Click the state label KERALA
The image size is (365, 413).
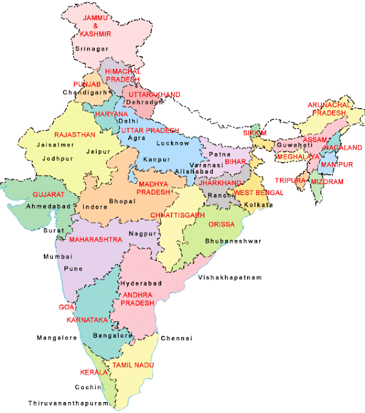[x=93, y=372]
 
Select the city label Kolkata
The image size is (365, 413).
[x=259, y=205]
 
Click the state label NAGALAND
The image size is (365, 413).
[x=342, y=148]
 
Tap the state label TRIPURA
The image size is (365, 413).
[x=290, y=181]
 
